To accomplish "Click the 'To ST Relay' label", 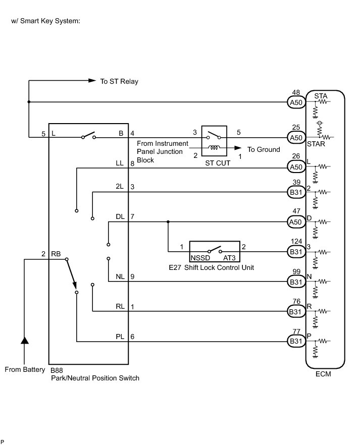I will click(x=119, y=81).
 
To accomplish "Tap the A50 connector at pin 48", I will click(x=296, y=102).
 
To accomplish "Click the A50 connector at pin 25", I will click(x=296, y=137).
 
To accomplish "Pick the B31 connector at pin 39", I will click(x=296, y=192).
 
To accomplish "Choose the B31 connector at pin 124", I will click(x=296, y=251).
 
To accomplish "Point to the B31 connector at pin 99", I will click(x=296, y=281).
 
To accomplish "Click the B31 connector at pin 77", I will click(x=296, y=342).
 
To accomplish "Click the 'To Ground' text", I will click(x=264, y=150).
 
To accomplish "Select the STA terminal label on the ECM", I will click(x=321, y=95).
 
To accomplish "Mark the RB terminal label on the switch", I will click(x=56, y=255).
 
